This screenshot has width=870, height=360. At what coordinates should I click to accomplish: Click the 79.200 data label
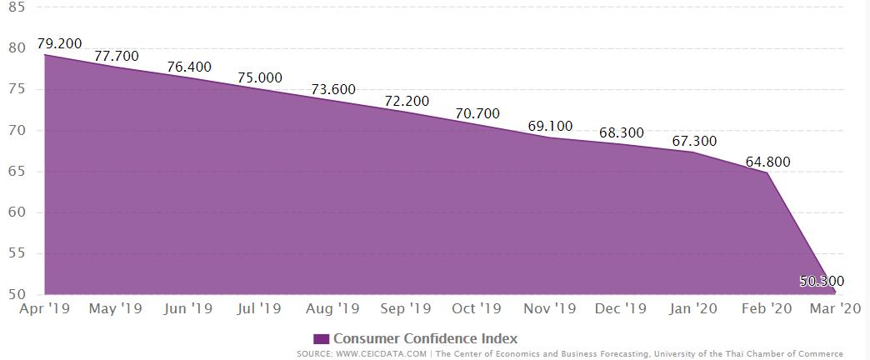point(60,43)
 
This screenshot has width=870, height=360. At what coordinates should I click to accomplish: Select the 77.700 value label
point(117,57)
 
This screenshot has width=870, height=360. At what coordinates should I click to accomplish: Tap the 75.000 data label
point(260,77)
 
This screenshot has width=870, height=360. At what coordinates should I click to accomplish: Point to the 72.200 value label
point(407,101)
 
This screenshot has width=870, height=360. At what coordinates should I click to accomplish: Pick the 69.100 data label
point(550,126)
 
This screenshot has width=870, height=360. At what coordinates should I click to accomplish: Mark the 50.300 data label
point(821,282)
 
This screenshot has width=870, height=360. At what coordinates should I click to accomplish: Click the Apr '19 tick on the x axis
point(45,308)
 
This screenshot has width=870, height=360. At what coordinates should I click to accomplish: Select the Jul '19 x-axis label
point(260,308)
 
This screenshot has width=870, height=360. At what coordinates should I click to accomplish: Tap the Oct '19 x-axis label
point(477,308)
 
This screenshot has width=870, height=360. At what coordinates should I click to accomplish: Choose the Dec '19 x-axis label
point(622,308)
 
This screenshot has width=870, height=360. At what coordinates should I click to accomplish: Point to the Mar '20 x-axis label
point(837,308)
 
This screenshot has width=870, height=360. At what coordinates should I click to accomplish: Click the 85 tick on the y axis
point(16,7)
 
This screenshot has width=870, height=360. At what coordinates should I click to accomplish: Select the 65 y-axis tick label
point(16,172)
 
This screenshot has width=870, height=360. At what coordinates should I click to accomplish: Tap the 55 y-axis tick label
point(16,254)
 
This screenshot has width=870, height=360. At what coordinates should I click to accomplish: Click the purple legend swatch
point(322,339)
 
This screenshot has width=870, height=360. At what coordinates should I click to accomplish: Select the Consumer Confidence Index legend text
point(426,338)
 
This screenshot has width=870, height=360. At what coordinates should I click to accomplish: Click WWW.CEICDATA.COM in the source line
point(382,354)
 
